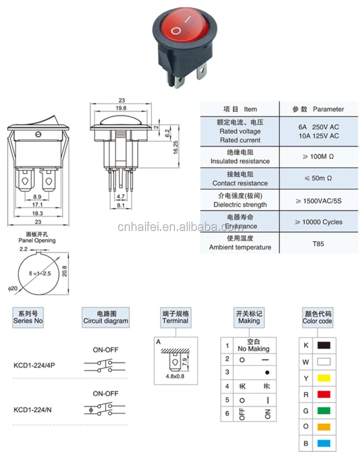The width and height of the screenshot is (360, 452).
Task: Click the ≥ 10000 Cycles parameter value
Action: (319, 222)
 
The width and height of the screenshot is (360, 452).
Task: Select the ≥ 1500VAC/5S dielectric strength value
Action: (319, 200)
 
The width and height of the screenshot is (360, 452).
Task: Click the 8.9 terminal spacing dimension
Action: (36, 197)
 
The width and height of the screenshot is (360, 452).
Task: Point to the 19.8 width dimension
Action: (121, 109)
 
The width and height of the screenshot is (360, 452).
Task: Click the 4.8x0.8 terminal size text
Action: (175, 377)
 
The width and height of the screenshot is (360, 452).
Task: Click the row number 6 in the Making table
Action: (227, 413)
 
